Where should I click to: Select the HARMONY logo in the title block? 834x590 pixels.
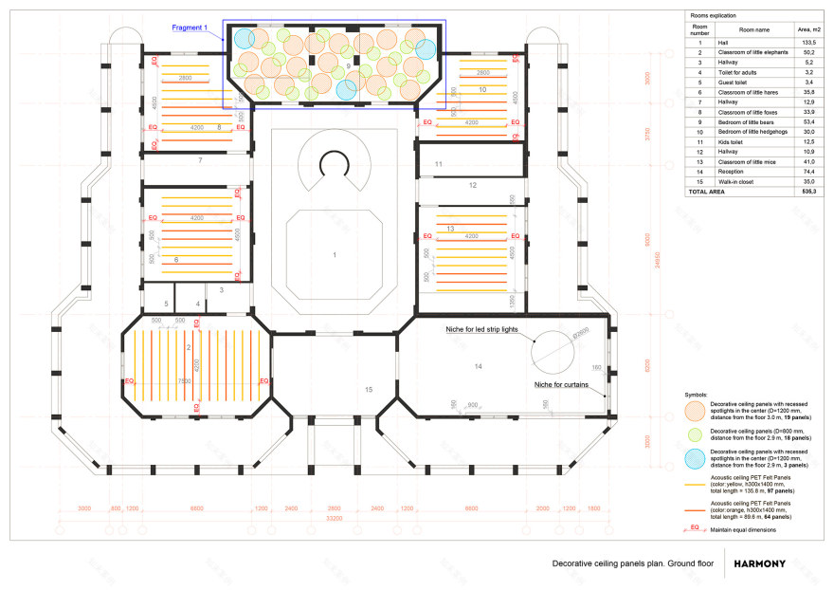pos(759,563)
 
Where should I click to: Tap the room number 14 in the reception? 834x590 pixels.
pos(478,365)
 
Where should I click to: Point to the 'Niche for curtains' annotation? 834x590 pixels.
pos(560,385)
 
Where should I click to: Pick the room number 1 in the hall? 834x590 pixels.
pos(334,255)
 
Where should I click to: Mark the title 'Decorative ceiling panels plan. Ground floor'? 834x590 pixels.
pos(632,563)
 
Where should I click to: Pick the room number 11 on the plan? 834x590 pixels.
pos(438,164)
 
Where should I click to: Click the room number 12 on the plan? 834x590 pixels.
pos(472,185)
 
